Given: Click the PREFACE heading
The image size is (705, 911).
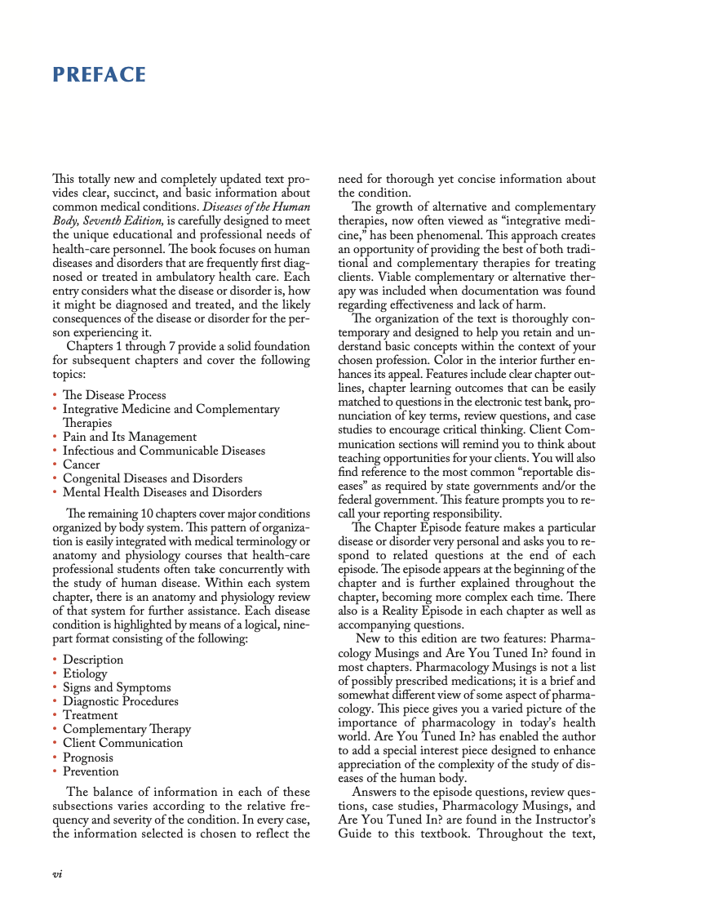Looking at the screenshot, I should [x=99, y=75].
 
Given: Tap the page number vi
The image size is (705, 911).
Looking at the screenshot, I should [x=58, y=873].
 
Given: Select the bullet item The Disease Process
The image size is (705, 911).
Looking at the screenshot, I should [x=114, y=395].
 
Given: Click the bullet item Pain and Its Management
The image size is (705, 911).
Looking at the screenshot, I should [x=130, y=437].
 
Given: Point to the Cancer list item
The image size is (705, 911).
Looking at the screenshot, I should [x=82, y=464].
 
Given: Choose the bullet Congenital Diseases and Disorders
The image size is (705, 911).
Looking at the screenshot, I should [x=153, y=478].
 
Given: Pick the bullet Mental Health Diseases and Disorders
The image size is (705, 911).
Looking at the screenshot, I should [x=162, y=492].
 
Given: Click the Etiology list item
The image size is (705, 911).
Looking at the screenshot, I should [x=85, y=673].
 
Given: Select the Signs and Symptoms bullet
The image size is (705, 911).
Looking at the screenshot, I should [x=117, y=687].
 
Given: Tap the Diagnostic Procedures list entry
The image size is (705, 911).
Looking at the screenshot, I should [x=120, y=701].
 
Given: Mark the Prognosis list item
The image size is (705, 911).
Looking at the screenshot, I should [x=89, y=757].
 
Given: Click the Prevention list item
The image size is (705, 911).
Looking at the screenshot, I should [x=91, y=771].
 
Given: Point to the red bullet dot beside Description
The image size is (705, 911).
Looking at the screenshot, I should [x=55, y=660].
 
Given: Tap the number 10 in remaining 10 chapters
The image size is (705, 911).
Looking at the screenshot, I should [x=144, y=513].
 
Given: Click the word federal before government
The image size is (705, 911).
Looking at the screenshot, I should [x=357, y=500].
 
